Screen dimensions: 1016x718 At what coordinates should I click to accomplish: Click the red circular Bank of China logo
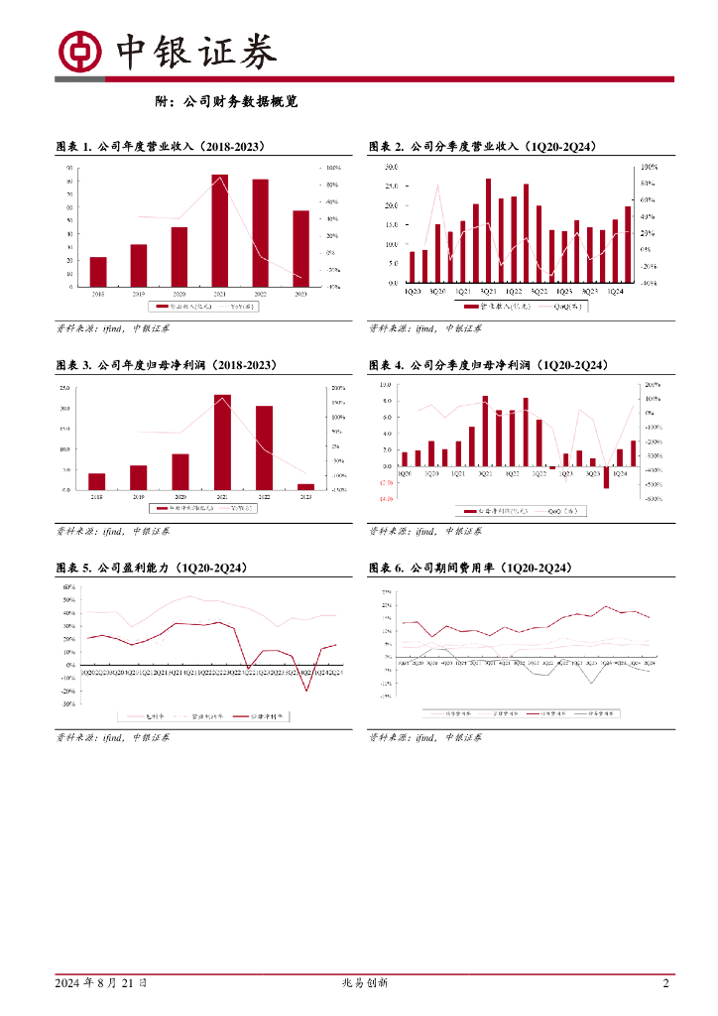(x=81, y=52)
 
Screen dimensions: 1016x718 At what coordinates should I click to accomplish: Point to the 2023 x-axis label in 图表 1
(x=300, y=295)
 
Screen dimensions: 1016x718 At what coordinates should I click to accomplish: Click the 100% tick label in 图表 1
(x=333, y=168)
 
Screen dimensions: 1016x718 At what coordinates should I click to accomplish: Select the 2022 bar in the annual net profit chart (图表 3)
(x=264, y=447)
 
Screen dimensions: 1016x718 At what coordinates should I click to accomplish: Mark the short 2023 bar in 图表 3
(x=305, y=486)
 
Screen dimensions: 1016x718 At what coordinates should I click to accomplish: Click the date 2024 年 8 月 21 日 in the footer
(x=101, y=983)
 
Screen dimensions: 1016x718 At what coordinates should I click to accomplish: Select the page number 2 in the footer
(x=665, y=983)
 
